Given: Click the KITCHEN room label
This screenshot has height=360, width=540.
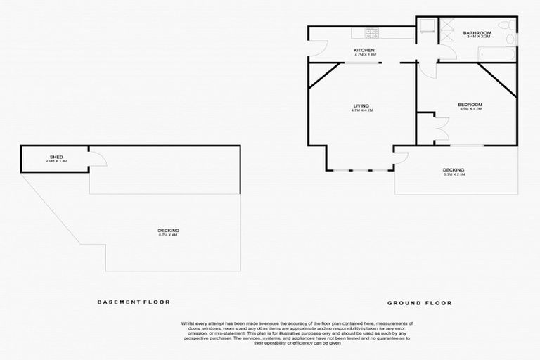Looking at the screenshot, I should [x=364, y=50].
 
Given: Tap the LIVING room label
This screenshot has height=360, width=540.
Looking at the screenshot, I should [x=361, y=105].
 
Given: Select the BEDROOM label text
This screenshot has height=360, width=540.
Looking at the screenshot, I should [x=451, y=104].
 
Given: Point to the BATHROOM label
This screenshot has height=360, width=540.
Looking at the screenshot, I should [x=477, y=33].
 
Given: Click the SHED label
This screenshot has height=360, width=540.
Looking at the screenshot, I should [x=56, y=157].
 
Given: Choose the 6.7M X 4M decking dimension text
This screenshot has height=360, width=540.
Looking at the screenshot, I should [x=168, y=235].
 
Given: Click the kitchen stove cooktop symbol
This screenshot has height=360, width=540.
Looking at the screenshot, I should [x=371, y=32].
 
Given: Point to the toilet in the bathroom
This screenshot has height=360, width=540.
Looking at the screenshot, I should [x=425, y=27].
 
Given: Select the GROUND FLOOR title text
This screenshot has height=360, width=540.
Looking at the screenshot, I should [x=419, y=303].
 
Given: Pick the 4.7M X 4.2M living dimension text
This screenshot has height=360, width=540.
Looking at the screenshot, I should [x=361, y=110].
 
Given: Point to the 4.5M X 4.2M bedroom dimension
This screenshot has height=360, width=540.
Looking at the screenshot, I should [x=451, y=109].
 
